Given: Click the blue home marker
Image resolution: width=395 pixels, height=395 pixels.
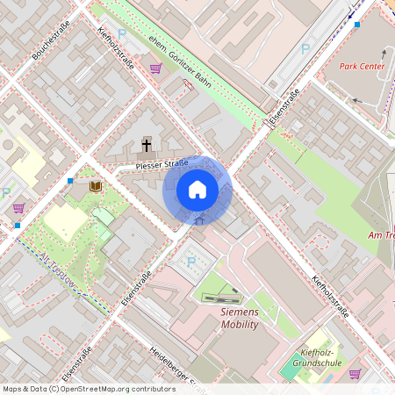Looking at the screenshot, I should click(197, 190).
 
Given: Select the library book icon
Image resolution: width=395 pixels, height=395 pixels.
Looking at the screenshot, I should click(96, 186).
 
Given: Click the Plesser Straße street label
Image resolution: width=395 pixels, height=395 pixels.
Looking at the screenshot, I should click(162, 164).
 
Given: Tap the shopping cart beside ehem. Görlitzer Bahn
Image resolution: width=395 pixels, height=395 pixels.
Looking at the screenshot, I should click(155, 68).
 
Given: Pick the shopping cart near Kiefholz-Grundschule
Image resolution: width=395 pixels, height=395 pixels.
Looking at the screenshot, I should click(355, 373).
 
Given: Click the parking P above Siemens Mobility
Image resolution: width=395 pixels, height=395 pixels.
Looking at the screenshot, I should click(191, 260).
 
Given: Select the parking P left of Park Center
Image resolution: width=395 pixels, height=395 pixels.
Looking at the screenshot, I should click(305, 49).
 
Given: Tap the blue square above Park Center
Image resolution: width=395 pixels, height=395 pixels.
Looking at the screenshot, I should click(357, 25).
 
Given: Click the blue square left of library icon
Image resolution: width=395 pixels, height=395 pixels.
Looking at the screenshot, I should click(70, 181).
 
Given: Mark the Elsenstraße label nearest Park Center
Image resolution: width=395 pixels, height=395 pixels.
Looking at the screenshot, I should click(285, 104).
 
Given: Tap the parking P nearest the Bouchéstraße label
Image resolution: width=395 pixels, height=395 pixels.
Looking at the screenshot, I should click(122, 33).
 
